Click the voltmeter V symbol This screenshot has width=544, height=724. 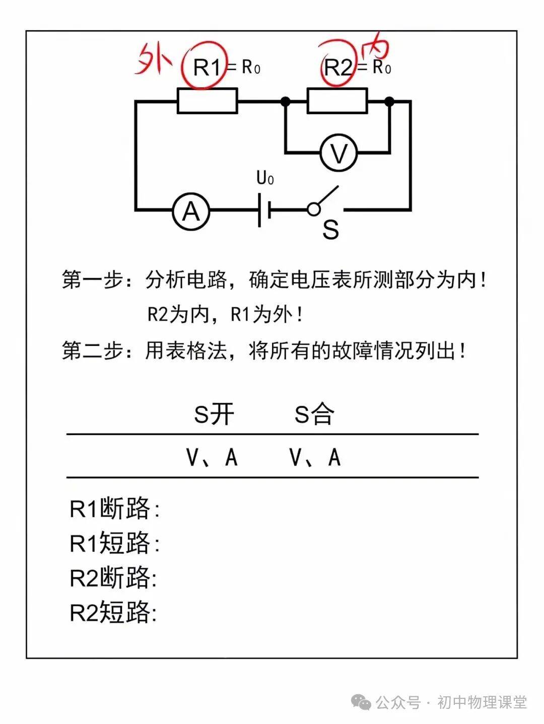point(339,153)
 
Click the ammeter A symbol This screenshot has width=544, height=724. point(190,212)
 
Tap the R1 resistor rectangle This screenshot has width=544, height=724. point(207,101)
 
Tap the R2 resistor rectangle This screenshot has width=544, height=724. point(337,101)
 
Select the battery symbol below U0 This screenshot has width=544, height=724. point(264,210)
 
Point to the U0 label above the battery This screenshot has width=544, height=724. point(265,178)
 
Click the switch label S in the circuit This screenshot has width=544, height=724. point(330,230)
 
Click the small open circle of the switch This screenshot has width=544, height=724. point(314,209)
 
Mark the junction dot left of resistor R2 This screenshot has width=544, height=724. point(286,102)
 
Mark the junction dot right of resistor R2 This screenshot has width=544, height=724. point(389,102)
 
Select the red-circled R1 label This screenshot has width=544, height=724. point(207,67)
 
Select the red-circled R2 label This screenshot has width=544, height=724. point(337,67)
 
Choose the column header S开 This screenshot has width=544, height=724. point(214,414)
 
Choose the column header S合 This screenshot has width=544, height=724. point(314,414)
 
